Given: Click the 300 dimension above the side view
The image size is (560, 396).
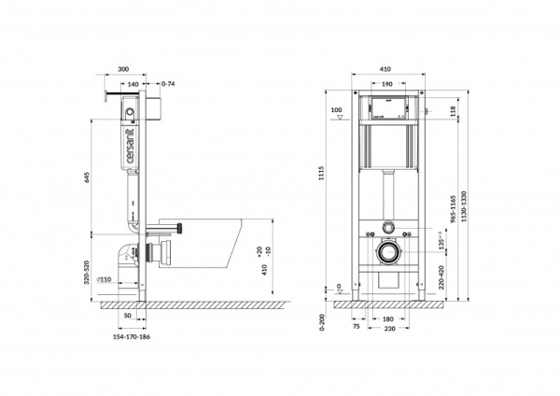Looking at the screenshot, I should point(124,69).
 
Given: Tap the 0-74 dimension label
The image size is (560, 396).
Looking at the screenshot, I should point(168,85).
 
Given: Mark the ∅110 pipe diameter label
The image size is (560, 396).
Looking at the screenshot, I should point(105,279).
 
